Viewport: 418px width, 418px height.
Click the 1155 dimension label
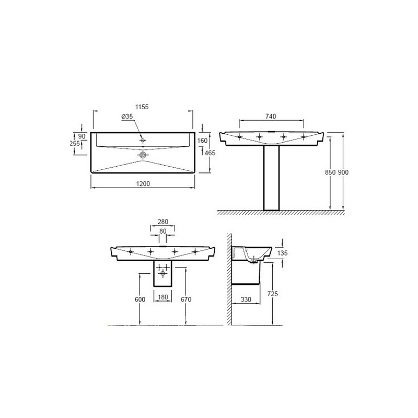point(142,107)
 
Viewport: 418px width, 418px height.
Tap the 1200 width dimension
point(143,184)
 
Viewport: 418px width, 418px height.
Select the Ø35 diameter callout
point(127,117)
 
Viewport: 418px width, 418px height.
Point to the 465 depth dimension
point(211,153)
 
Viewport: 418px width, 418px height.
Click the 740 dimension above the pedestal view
point(271,116)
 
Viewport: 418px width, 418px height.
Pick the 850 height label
point(330,172)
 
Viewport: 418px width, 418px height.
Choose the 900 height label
point(343,172)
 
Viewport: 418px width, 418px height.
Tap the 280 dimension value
point(163,222)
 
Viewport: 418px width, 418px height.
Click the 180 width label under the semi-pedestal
point(163,297)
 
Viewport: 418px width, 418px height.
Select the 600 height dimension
point(140,299)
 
